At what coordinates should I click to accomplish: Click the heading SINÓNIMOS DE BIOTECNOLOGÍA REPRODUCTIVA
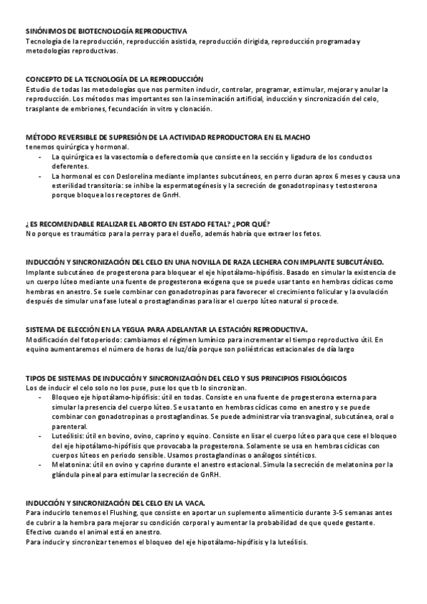(106, 31)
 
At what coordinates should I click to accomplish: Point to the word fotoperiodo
(87, 339)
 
